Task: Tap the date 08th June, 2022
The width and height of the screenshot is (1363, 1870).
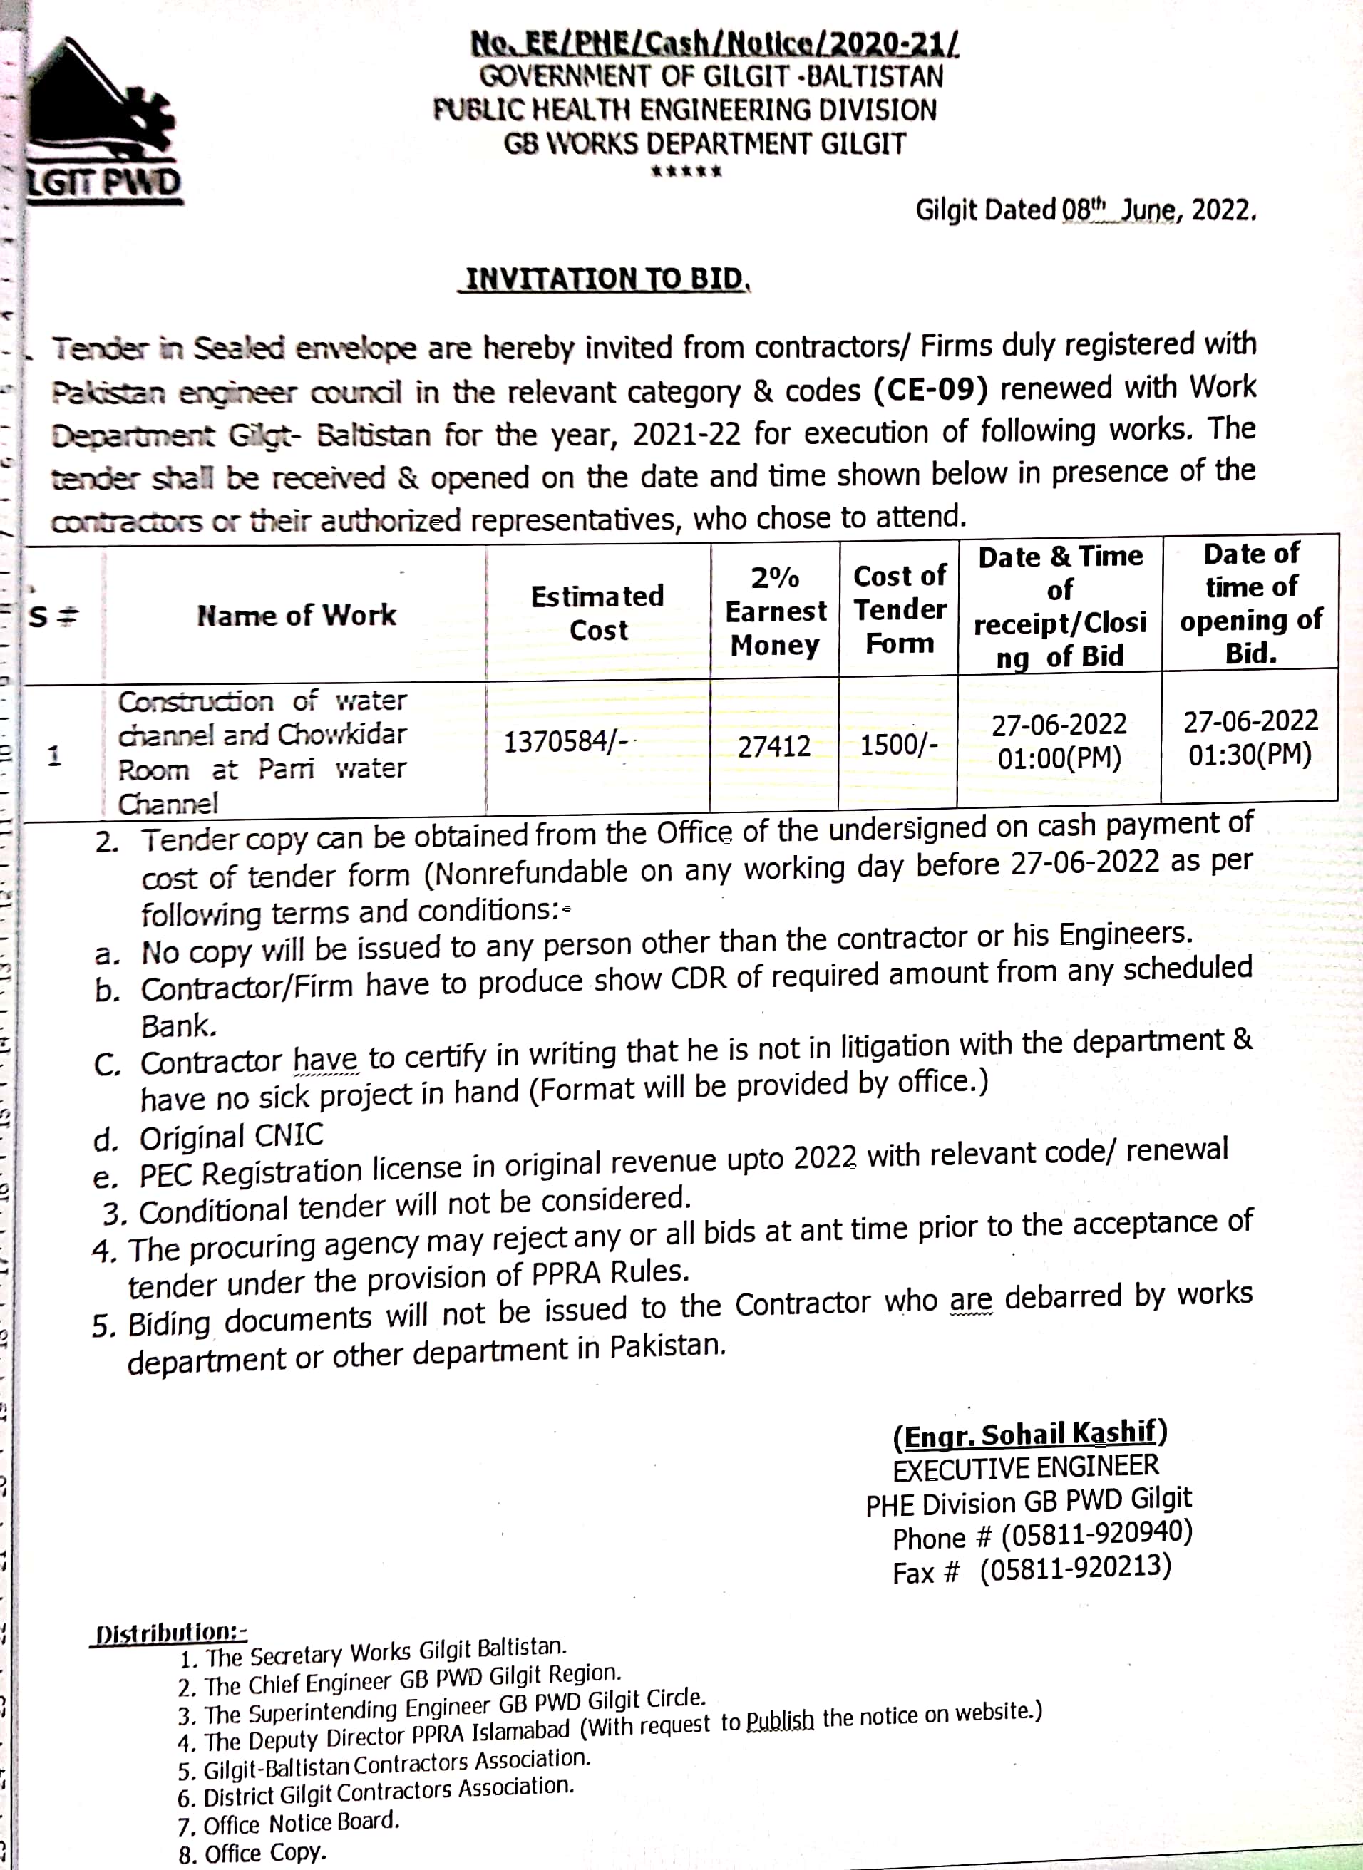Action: pos(1158,210)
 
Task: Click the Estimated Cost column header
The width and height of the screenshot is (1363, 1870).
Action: pos(597,612)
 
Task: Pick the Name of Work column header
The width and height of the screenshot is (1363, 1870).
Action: pos(297,615)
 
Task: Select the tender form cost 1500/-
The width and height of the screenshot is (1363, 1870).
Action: pos(898,745)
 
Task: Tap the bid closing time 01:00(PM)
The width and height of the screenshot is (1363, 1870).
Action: pos(1059,758)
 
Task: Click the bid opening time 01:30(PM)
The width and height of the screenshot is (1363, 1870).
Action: pos(1250,754)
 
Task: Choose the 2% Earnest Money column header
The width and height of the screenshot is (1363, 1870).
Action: pos(775,611)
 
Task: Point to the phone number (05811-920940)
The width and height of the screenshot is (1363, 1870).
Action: pos(1096,1534)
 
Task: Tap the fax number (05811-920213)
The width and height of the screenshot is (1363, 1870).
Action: pos(1075,1568)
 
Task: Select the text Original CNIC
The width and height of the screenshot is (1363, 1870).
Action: pos(231,1137)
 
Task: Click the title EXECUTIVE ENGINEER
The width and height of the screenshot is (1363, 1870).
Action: pos(1026,1467)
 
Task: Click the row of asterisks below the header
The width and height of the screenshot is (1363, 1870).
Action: pos(686,172)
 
